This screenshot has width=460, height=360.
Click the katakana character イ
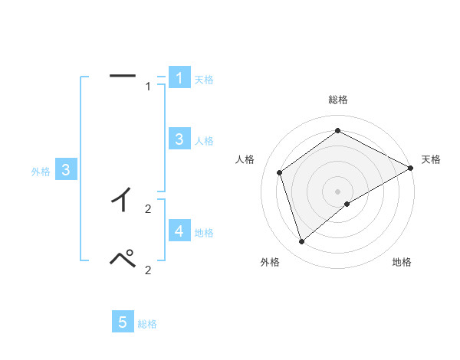tap(122, 201)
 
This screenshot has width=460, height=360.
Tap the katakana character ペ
tap(123, 259)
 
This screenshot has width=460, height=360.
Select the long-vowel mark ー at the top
tap(123, 75)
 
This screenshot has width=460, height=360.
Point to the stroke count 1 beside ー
tap(148, 87)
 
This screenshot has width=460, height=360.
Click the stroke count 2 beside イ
tap(148, 209)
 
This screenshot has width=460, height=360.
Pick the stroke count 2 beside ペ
tap(148, 270)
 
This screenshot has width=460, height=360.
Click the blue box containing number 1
tap(179, 78)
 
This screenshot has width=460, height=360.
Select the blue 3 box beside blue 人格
tap(179, 139)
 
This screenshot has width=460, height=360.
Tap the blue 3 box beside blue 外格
tap(67, 170)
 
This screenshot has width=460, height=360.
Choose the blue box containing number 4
tap(179, 231)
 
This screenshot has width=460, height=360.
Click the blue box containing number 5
tap(123, 322)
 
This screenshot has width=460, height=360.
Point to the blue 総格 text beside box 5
tap(147, 324)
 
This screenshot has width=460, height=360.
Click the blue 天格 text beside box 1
tap(204, 80)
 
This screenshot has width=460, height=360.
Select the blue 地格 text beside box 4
tap(204, 233)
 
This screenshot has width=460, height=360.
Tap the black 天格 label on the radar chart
tap(431, 159)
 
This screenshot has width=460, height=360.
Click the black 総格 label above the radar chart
tap(337, 100)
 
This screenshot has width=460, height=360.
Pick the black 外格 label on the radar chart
tap(270, 263)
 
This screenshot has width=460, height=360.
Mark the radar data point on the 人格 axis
tap(280, 172)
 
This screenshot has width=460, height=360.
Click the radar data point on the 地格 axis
tap(347, 204)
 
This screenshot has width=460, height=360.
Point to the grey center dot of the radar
tap(337, 191)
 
